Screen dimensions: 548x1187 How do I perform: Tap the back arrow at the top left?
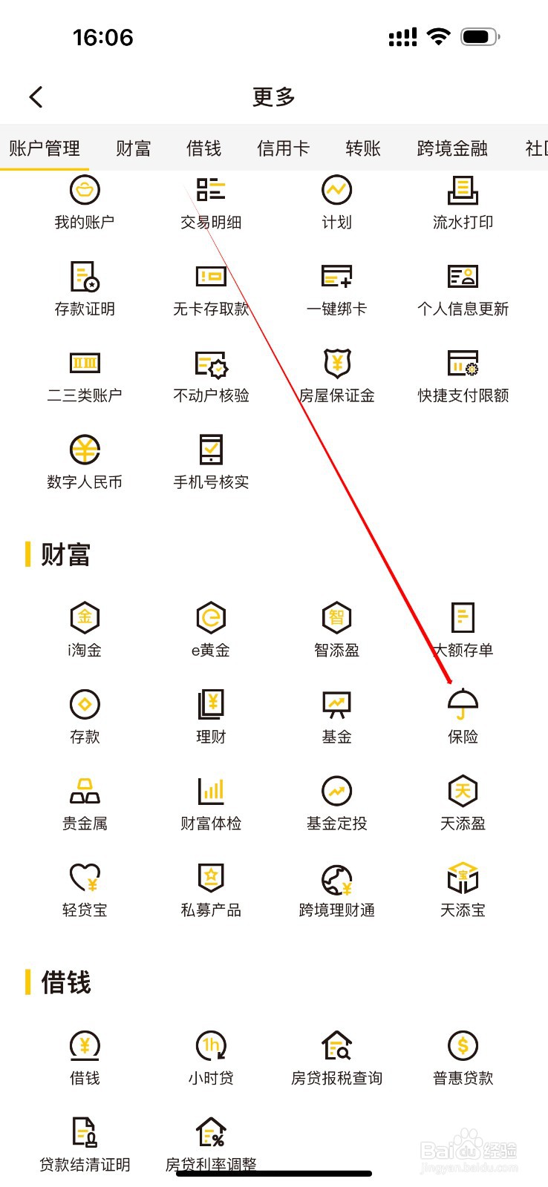coord(36,96)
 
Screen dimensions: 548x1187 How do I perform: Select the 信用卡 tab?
coord(283,148)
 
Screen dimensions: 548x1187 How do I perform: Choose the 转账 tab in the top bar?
coord(363,148)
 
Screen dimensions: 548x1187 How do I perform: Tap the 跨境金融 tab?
coord(452,148)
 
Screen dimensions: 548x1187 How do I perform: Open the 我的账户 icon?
coord(85,190)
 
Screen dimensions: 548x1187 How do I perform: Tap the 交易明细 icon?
coord(211,190)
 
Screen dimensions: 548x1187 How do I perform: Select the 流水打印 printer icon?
coord(463,190)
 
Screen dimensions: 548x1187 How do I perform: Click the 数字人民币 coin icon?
coord(85,450)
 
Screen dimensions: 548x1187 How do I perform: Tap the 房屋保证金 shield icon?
coord(337,363)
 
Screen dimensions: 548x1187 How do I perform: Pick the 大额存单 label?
coord(463,651)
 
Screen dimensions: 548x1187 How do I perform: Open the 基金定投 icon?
coord(337,791)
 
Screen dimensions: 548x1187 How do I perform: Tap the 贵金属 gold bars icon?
coord(85,791)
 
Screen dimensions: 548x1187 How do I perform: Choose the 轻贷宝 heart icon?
coord(85,878)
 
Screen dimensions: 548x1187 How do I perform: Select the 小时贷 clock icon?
coord(211,1046)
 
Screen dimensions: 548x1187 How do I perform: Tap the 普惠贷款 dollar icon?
coord(463,1046)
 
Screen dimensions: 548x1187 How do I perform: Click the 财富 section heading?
coord(65,554)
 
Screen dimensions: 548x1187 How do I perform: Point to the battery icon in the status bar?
coord(479,36)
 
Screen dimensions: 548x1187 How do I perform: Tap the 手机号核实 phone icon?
coord(211,450)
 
